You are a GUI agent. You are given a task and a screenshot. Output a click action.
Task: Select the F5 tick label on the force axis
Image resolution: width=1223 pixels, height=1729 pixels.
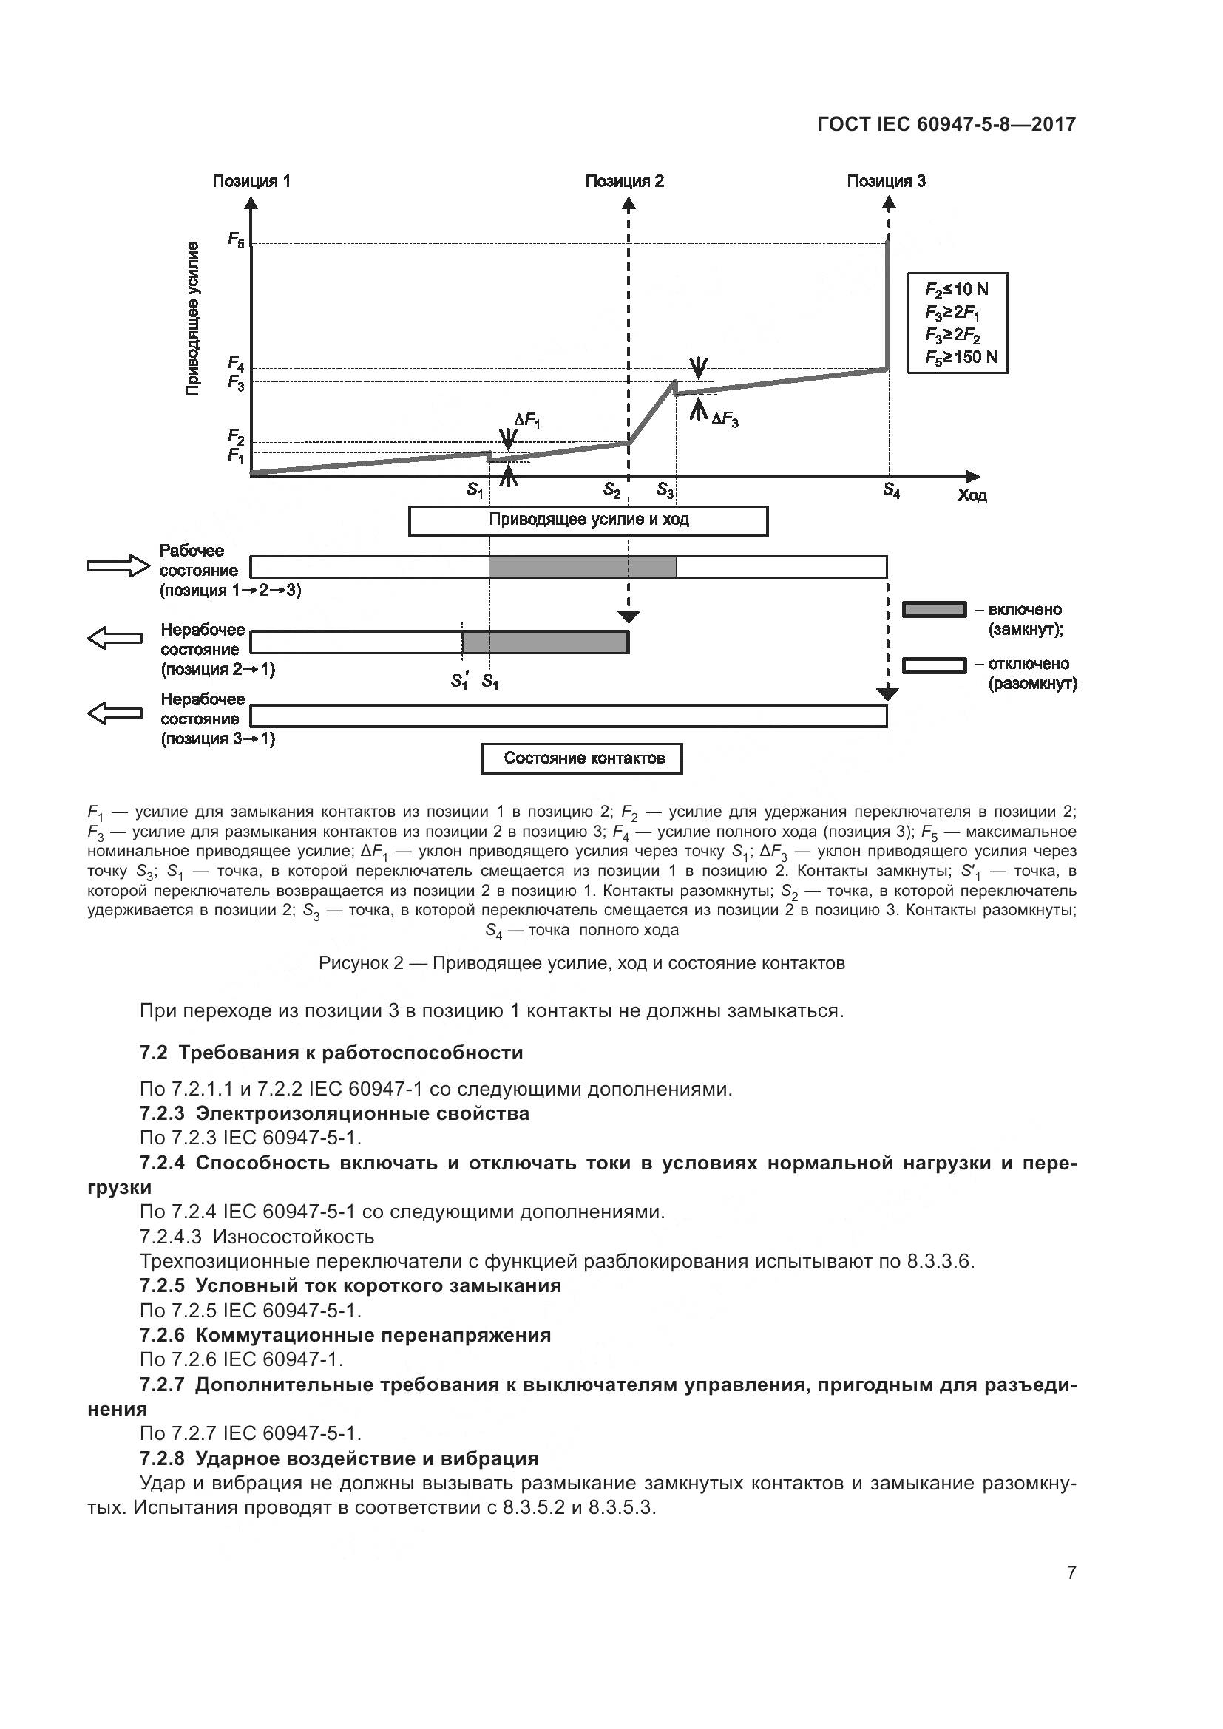[x=237, y=240]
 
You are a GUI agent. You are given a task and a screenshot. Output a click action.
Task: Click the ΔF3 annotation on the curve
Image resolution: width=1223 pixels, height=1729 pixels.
[x=725, y=418]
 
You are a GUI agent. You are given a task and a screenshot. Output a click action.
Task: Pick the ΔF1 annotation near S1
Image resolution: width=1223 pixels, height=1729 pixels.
[x=527, y=421]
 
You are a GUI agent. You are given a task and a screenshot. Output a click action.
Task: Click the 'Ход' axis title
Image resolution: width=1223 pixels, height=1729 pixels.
[x=972, y=495]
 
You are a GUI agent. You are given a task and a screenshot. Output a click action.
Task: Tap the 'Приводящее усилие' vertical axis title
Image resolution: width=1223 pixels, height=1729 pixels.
[x=194, y=319]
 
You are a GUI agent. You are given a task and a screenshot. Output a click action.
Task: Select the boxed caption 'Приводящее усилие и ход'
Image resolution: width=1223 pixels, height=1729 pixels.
[x=588, y=520]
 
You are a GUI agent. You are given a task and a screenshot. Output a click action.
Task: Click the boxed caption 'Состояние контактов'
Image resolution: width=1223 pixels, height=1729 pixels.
[x=582, y=758]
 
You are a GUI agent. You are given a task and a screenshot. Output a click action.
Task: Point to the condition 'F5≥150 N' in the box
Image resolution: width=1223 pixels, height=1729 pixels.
[x=961, y=357]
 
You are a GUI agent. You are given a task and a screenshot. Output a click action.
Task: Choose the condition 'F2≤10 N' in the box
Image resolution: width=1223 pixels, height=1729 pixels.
[x=956, y=289]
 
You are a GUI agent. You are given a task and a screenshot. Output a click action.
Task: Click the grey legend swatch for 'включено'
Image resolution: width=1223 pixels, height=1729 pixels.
[x=934, y=609]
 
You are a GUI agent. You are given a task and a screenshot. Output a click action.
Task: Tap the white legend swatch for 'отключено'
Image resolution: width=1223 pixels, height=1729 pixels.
[x=934, y=666]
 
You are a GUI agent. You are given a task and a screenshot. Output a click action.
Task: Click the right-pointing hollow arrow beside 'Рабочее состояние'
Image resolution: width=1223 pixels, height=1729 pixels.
[x=119, y=565]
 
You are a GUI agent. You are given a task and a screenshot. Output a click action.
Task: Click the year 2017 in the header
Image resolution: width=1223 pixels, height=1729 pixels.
[x=1054, y=124]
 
